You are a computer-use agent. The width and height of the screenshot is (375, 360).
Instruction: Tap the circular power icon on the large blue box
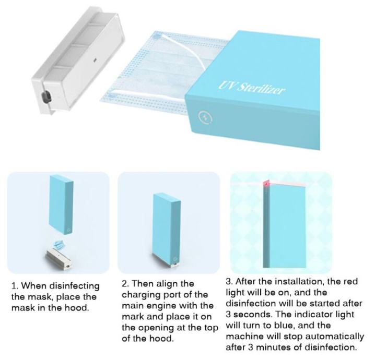205,117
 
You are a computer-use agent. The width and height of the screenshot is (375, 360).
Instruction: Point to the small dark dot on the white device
95,60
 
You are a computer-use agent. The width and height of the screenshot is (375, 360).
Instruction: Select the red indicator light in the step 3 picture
266,184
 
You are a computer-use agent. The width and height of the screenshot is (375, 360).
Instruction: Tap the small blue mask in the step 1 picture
58,245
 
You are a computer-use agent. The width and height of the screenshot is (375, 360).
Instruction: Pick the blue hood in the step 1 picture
61,205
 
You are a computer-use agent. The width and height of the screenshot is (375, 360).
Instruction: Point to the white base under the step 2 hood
175,264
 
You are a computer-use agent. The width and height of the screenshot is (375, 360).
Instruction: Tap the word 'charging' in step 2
141,295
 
